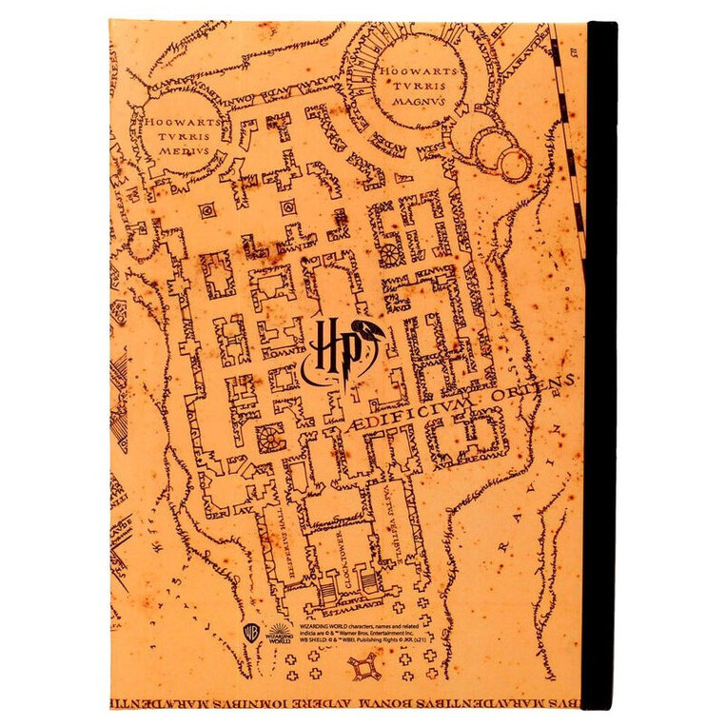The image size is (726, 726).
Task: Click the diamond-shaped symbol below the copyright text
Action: pos(363,672)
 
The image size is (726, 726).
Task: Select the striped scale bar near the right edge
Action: pos(568,124)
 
